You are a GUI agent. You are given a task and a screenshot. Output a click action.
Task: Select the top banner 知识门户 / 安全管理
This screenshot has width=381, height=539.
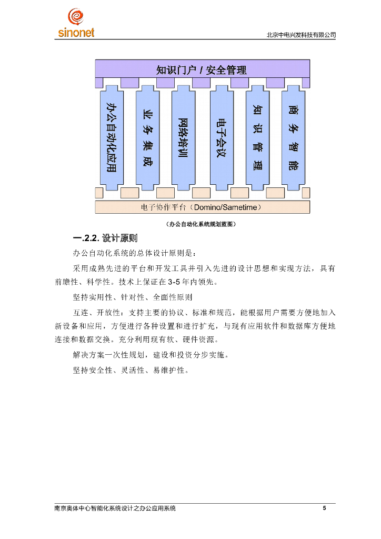[x=202, y=69]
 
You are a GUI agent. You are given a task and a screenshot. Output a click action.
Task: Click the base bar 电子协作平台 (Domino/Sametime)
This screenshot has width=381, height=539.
[x=202, y=207]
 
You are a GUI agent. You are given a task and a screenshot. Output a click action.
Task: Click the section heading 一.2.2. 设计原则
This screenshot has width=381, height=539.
[x=105, y=238]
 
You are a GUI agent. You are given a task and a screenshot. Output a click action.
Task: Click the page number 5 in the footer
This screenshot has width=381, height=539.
[x=324, y=508]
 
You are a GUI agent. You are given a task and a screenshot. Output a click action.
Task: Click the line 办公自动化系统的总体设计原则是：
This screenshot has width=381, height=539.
[x=134, y=254]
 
